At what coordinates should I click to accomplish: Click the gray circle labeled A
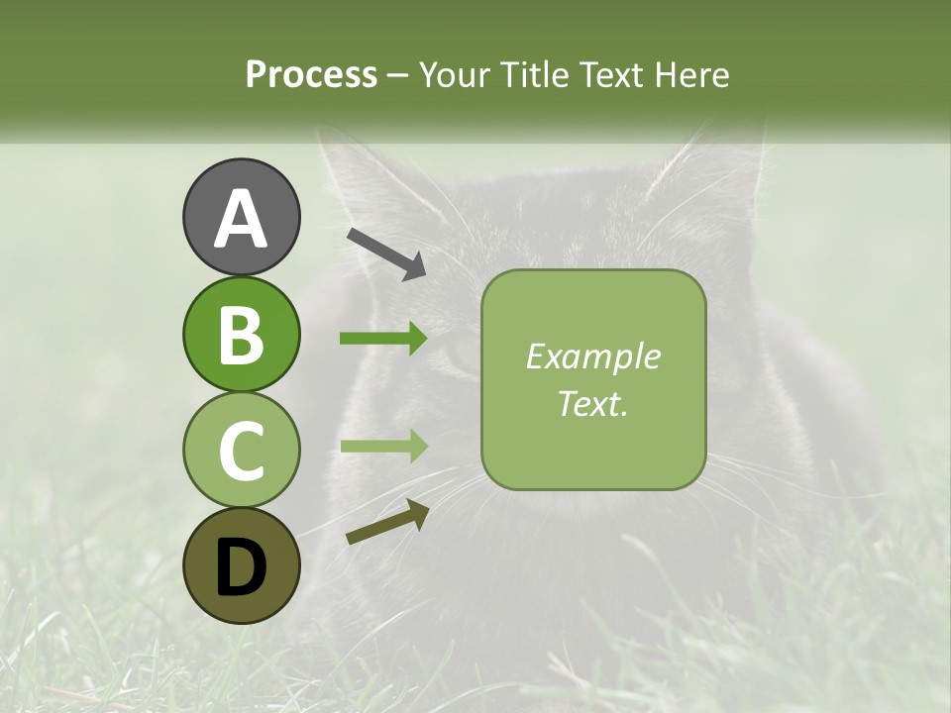(241, 218)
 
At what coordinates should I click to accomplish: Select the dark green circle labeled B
(241, 335)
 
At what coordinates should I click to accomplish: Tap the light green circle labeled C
(241, 451)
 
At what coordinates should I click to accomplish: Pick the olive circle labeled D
(241, 566)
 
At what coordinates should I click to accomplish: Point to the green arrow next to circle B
(383, 339)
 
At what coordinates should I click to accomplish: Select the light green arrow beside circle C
(383, 446)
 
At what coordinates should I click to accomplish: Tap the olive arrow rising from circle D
(387, 522)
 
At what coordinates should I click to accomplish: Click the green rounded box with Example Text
(593, 379)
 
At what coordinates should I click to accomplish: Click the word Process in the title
(311, 75)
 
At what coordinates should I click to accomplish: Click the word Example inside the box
(592, 356)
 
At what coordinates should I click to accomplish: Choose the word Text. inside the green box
(592, 404)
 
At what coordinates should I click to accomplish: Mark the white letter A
(241, 218)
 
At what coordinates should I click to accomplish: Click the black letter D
(241, 567)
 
